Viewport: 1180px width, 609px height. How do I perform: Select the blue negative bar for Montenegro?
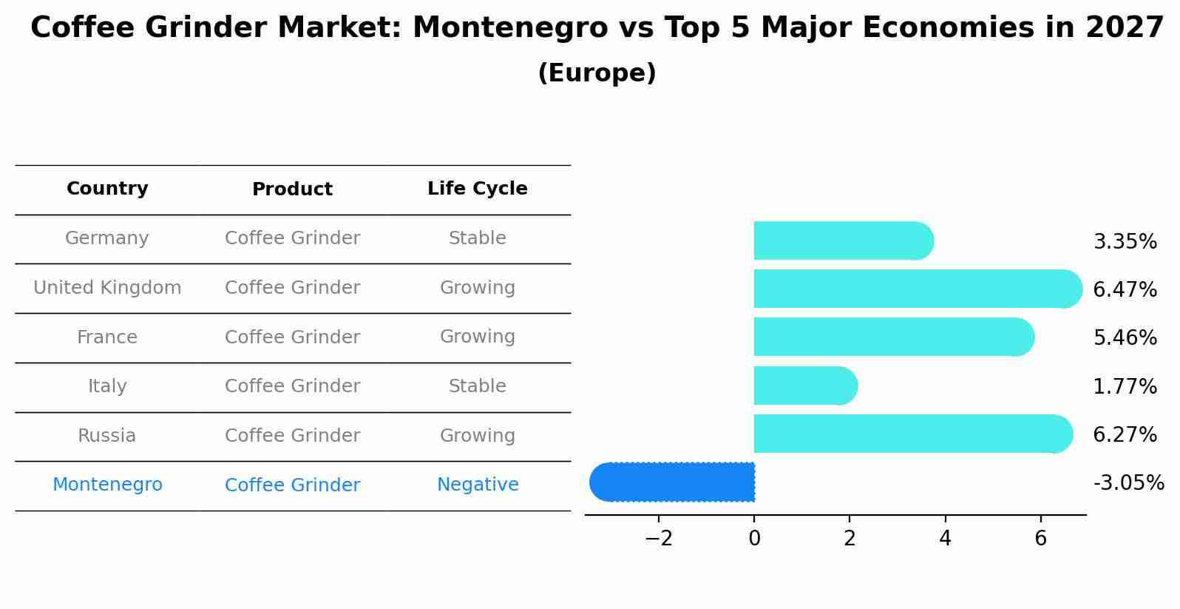[x=673, y=482]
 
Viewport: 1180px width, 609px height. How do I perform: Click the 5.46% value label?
[x=1125, y=338]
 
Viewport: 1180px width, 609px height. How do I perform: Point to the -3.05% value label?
[x=1128, y=483]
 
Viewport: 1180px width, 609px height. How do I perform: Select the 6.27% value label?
[x=1125, y=434]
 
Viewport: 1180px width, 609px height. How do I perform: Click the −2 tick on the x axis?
[x=659, y=539]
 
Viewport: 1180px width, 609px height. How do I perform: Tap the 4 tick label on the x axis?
[x=945, y=539]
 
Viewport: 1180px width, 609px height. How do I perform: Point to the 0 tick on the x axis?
[x=754, y=539]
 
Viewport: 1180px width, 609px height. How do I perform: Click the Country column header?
[x=107, y=189]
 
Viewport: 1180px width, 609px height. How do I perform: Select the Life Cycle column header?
[x=477, y=189]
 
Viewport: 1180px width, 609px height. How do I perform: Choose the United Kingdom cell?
[x=107, y=288]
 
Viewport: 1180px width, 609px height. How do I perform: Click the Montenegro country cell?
[x=107, y=485]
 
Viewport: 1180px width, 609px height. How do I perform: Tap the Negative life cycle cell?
[x=477, y=485]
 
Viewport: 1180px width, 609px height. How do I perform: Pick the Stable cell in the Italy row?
[x=477, y=386]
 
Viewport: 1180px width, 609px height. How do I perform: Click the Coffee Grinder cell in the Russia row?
[x=292, y=436]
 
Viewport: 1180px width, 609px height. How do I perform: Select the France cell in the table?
[x=107, y=337]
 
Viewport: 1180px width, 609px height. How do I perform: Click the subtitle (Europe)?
[x=597, y=73]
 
